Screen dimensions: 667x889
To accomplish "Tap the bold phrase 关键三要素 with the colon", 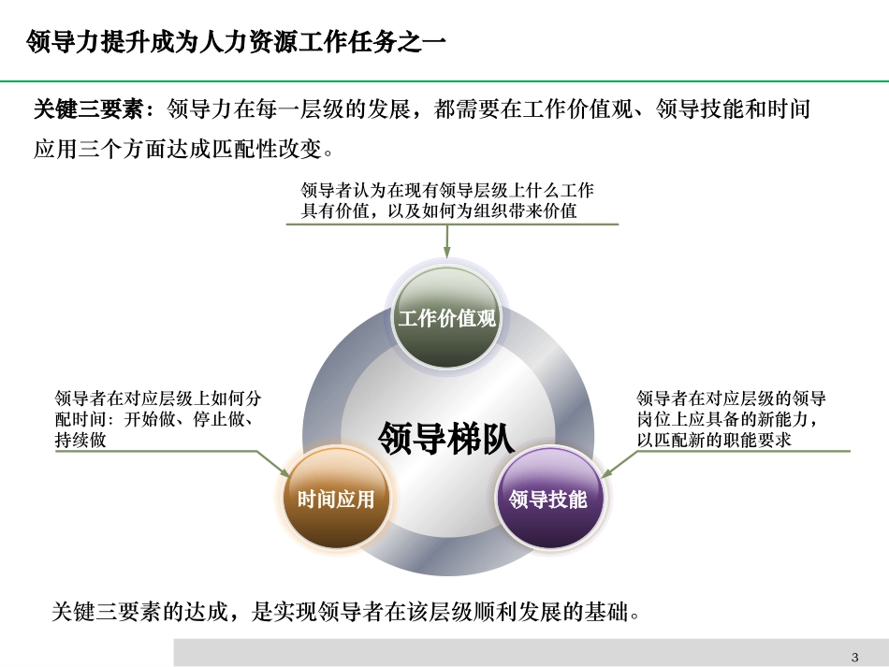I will [93, 110].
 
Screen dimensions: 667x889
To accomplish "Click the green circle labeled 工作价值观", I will [446, 318].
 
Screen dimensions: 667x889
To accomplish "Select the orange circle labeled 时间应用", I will [336, 499].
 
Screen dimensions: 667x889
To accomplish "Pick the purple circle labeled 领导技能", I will [547, 499].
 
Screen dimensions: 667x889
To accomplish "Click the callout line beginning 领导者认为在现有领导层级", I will [447, 191].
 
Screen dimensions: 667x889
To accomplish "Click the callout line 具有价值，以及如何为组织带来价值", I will [439, 211].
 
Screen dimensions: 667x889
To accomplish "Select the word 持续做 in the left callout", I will [80, 440].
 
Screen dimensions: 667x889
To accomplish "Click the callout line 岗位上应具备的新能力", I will [732, 419].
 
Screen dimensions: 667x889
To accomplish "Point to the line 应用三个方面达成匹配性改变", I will [183, 149].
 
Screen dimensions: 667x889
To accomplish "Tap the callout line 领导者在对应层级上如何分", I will [158, 399].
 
